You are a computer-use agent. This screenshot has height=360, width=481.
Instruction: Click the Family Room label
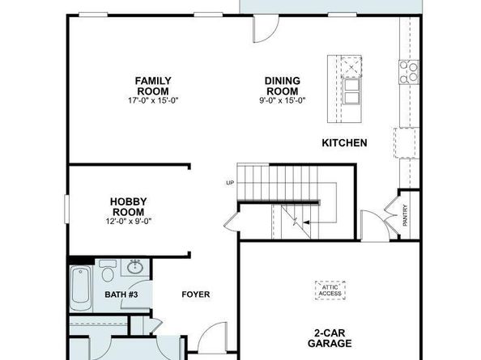[x=153, y=86]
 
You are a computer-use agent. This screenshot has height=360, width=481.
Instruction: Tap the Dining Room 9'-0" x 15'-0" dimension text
[x=283, y=100]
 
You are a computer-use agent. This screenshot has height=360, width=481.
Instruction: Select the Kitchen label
[x=344, y=142]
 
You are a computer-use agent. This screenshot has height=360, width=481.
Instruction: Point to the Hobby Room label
[x=128, y=207]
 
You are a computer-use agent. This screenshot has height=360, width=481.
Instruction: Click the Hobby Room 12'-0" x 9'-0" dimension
[x=129, y=221]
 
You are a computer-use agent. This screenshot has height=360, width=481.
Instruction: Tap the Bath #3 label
[x=121, y=294]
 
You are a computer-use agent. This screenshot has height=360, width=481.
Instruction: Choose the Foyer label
[x=196, y=294]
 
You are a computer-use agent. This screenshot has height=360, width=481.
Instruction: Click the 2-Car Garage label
[x=330, y=338]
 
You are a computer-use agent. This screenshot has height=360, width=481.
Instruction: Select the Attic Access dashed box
[x=330, y=290]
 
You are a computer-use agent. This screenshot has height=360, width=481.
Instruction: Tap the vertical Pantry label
[x=405, y=215]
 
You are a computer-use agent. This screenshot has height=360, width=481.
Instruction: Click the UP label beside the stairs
[x=230, y=183]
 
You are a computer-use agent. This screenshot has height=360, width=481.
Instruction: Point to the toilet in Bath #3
[x=108, y=270]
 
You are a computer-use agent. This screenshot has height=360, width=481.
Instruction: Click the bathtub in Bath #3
[x=81, y=289]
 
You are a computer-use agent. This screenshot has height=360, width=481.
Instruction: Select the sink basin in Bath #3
[x=135, y=268]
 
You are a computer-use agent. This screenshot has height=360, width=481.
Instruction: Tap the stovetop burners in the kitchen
[x=409, y=72]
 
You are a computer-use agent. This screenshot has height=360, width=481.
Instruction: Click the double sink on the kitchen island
[x=351, y=91]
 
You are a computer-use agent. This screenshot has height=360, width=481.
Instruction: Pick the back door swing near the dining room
[x=266, y=28]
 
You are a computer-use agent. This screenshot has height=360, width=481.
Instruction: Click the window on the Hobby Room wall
[x=66, y=209]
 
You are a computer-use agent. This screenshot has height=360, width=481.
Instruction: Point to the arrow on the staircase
[x=306, y=222]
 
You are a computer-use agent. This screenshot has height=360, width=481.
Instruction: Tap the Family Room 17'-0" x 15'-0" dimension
[x=153, y=100]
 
